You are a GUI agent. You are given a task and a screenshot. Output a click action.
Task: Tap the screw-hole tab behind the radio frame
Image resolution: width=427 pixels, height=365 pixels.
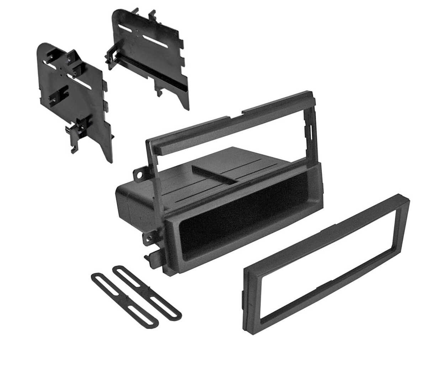140,174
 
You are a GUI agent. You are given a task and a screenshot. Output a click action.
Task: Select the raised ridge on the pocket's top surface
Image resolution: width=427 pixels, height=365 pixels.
213,175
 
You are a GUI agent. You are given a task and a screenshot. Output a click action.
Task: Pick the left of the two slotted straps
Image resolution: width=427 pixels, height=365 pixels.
117,296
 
